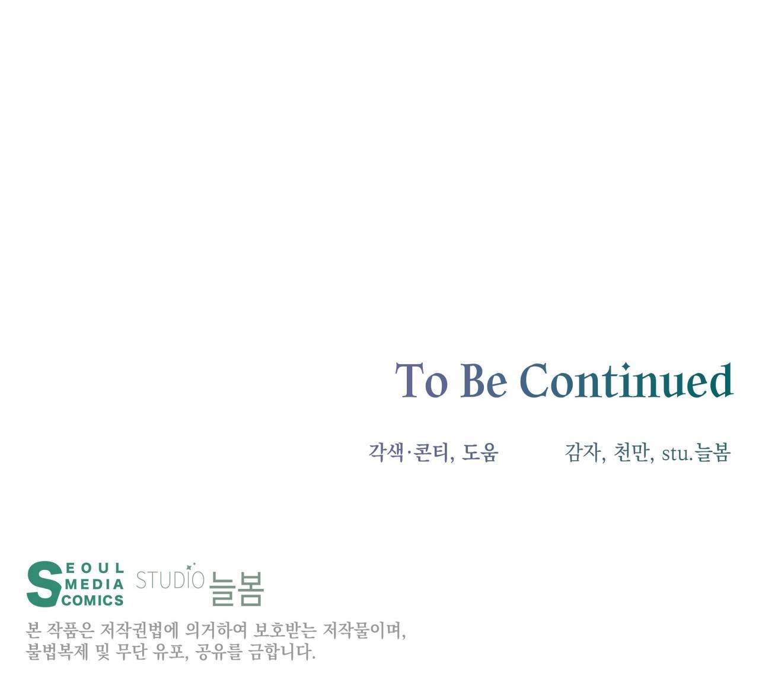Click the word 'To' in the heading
[x=421, y=380]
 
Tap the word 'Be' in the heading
[x=483, y=380]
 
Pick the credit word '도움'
[x=480, y=452]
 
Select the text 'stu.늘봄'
[x=696, y=452]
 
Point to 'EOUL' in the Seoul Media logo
[x=95, y=569]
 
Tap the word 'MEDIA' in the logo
[x=94, y=584]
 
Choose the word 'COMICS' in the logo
[x=93, y=600]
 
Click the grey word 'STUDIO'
[x=170, y=581]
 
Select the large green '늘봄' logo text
[x=237, y=589]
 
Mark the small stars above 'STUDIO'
[x=191, y=566]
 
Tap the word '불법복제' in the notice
[x=57, y=652]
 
